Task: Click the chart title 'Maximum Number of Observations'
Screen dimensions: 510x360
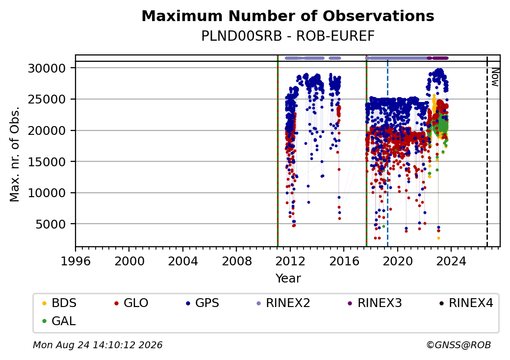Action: [x=288, y=16]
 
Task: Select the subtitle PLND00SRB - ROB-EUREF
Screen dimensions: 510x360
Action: [x=288, y=36]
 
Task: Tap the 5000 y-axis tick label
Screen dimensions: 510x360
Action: [x=51, y=224]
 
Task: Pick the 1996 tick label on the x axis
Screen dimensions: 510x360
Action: [x=76, y=261]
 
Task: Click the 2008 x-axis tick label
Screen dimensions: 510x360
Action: [x=236, y=261]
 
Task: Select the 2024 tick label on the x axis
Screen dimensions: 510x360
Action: [x=451, y=261]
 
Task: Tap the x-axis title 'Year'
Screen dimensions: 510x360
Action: [x=288, y=279]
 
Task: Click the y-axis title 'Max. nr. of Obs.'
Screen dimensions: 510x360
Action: [x=15, y=154]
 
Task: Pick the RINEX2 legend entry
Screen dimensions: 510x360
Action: [x=283, y=303]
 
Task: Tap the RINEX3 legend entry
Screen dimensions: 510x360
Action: [x=375, y=303]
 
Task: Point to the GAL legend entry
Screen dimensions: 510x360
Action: [x=59, y=321]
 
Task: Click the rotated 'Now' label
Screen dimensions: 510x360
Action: [x=495, y=77]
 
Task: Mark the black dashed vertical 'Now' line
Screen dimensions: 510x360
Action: [x=487, y=152]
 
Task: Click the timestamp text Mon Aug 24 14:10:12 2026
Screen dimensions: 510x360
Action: [x=98, y=345]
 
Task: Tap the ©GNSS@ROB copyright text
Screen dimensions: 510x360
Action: [x=459, y=345]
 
